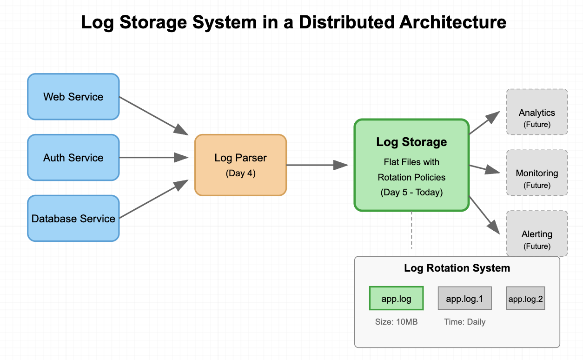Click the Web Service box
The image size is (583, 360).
[x=73, y=97]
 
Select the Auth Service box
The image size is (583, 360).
[x=73, y=158]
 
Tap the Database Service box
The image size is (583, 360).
[x=73, y=219]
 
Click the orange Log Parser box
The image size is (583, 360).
[x=240, y=165]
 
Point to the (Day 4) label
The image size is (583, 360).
[x=240, y=173]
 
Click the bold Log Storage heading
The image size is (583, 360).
[x=411, y=142]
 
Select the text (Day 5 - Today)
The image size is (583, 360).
[x=411, y=192]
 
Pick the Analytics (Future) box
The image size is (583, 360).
[x=537, y=112]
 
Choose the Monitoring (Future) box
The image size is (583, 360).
[x=537, y=173]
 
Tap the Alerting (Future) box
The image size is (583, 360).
[x=537, y=233]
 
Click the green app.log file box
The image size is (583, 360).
[x=396, y=299]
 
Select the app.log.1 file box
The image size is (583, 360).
[x=464, y=299]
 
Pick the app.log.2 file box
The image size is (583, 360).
[x=525, y=299]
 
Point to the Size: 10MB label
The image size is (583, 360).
[x=396, y=322]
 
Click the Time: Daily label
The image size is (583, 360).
[x=464, y=322]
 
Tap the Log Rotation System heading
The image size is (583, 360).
[x=457, y=268]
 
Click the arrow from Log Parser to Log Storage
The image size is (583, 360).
[x=317, y=165]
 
